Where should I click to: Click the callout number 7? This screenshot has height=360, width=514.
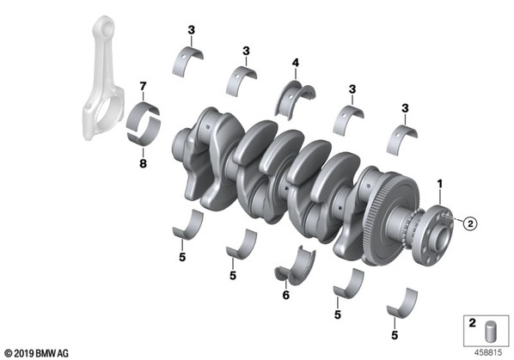click(143, 86)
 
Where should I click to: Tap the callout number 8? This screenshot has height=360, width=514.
click(143, 163)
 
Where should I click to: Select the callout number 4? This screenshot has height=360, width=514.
click(296, 63)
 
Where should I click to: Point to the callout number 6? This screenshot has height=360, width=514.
click(286, 296)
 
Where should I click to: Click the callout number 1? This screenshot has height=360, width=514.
click(439, 184)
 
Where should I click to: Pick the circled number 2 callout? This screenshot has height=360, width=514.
click(470, 223)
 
